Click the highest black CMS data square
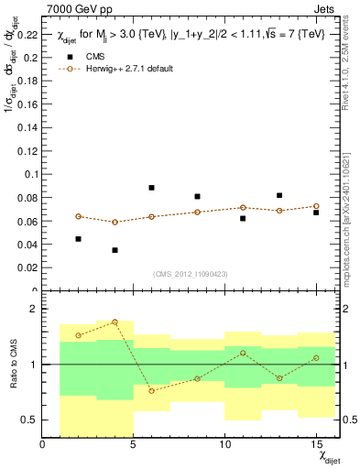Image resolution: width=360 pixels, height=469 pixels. [151, 188]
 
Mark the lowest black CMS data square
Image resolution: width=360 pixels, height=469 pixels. [115, 250]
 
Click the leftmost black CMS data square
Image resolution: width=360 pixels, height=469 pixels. [79, 239]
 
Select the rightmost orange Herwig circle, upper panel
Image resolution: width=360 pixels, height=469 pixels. [315, 206]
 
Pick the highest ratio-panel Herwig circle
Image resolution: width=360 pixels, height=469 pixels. [115, 322]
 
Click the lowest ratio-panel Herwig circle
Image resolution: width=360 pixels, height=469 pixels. [151, 390]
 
